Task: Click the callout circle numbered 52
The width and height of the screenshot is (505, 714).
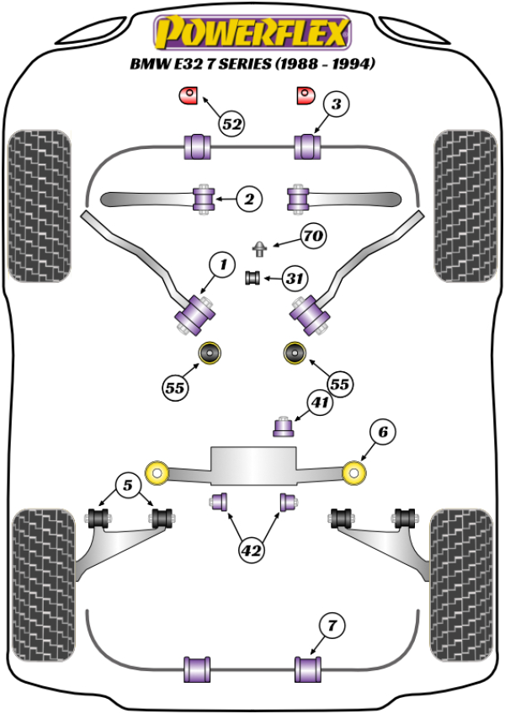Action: coord(232,125)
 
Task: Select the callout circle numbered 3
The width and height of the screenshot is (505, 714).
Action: coord(336,105)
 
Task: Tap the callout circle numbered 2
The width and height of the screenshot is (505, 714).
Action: coord(249,200)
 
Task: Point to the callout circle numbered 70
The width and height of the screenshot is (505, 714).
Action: coord(312,237)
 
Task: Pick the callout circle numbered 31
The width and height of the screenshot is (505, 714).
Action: coord(293,277)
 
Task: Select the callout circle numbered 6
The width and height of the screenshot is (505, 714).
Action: coord(382,433)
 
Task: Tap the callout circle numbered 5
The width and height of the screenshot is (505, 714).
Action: coord(127,485)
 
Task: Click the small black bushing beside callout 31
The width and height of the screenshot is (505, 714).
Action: coord(251,277)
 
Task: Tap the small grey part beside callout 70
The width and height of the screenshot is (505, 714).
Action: coord(262,248)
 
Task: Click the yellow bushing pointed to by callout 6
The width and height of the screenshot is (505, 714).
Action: coord(356,472)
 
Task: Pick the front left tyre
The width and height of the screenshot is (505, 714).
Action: coord(39,205)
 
